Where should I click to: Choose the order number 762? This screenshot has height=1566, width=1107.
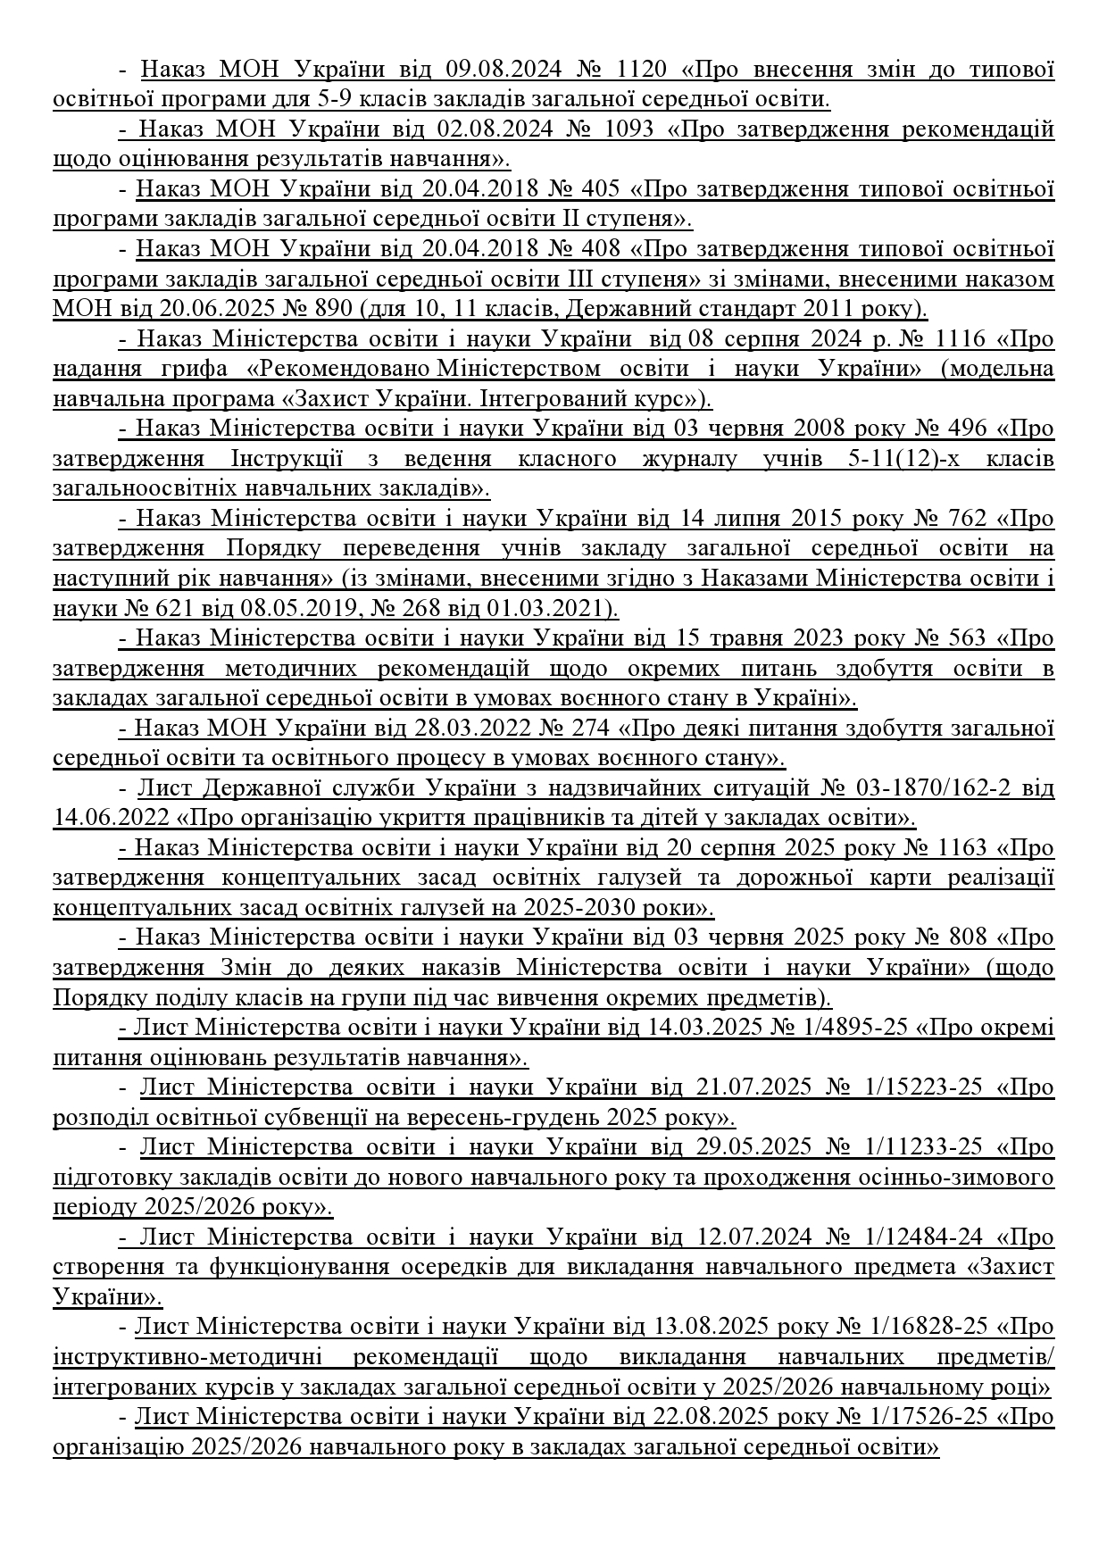pos(964,519)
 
